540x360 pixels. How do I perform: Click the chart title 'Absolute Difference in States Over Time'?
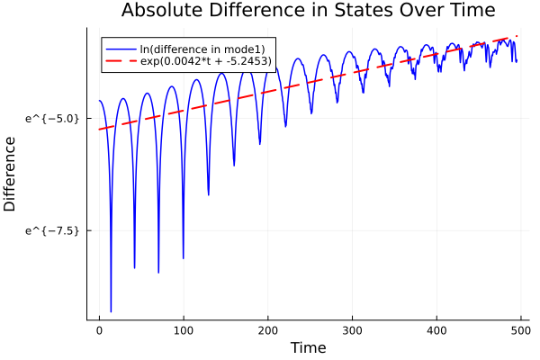point(308,11)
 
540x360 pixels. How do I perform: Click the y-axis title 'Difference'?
point(10,174)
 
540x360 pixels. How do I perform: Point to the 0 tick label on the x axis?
point(99,330)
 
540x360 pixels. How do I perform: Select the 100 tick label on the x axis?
point(184,330)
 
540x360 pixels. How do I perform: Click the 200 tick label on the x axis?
point(268,330)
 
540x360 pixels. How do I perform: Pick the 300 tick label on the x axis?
point(353,330)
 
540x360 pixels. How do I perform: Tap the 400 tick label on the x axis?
point(437,330)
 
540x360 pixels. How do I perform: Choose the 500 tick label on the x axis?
point(521,330)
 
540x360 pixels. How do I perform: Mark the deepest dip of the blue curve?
point(111,311)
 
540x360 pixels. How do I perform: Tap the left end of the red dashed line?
point(99,130)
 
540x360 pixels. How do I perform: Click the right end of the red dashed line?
point(517,36)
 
